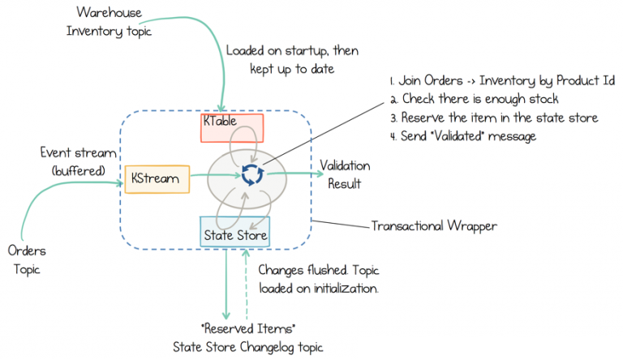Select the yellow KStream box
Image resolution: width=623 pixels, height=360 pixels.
point(157,179)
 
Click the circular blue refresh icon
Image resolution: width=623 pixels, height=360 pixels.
point(255,174)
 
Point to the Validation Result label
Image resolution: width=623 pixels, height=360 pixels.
point(344,174)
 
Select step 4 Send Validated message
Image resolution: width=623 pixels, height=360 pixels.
point(468,136)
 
